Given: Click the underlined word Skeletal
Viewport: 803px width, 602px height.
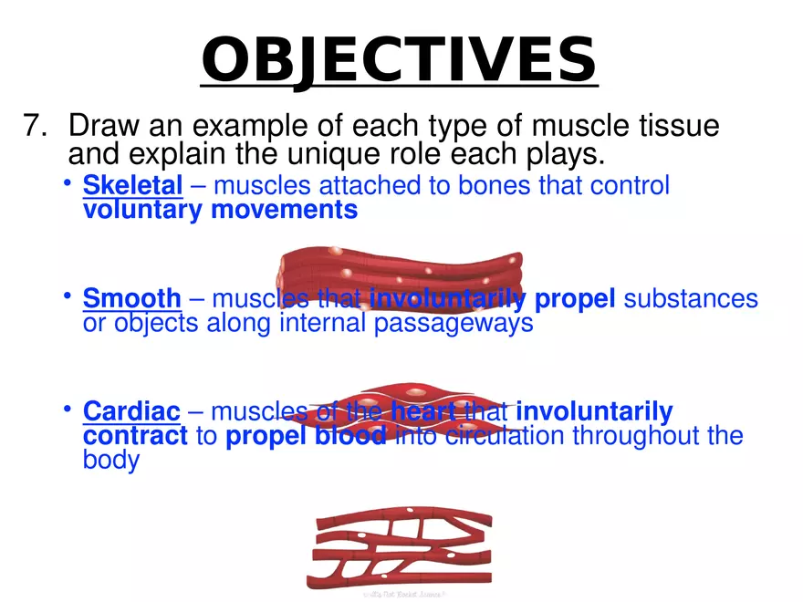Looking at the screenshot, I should pos(132,187).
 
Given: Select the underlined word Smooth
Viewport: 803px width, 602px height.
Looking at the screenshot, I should pos(132,299).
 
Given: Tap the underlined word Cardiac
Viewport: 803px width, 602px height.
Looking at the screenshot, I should pos(131,412).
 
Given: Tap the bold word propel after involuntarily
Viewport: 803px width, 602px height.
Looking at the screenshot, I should pos(575,299).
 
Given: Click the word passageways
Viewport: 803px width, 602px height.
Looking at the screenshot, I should pos(454,324).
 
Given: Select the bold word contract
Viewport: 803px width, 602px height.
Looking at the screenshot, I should pos(135,436).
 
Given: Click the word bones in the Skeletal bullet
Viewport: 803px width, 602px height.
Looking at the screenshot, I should pos(495,187).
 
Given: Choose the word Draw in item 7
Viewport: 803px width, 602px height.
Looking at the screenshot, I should pos(102,126).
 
